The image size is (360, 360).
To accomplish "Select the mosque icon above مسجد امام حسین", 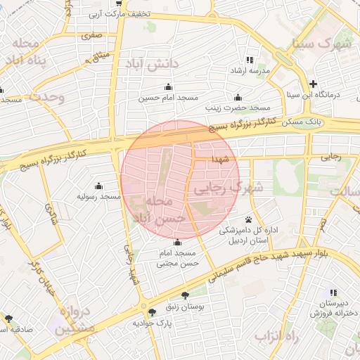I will [x=167, y=87].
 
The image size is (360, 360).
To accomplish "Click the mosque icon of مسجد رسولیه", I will [x=98, y=186].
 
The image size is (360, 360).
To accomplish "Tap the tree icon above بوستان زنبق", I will [x=185, y=295].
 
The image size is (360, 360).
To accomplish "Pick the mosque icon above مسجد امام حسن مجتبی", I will [x=176, y=243].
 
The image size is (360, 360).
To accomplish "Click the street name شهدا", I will [x=223, y=159].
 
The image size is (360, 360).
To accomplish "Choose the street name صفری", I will [x=91, y=34].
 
